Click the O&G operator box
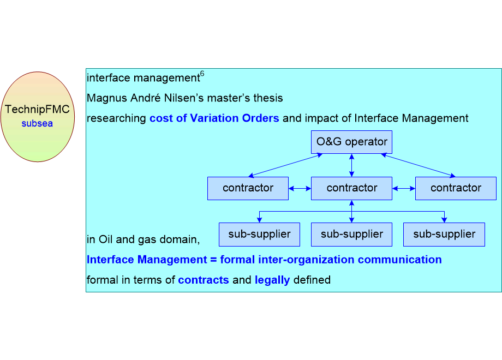point(351,142)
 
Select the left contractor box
point(248,188)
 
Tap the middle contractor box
point(351,188)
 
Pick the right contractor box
point(456,188)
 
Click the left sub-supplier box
point(259,235)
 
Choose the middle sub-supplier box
point(351,235)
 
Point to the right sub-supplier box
point(444,235)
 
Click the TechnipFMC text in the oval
point(37,109)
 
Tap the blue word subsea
point(37,123)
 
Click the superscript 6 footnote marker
point(202,74)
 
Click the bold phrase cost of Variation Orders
point(214,118)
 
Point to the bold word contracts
point(204,280)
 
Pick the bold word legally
point(272,280)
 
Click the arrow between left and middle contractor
point(300,189)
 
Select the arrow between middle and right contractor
point(404,189)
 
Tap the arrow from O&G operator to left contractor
point(285,165)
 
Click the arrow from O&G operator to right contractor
point(418,165)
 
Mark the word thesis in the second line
point(268,98)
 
